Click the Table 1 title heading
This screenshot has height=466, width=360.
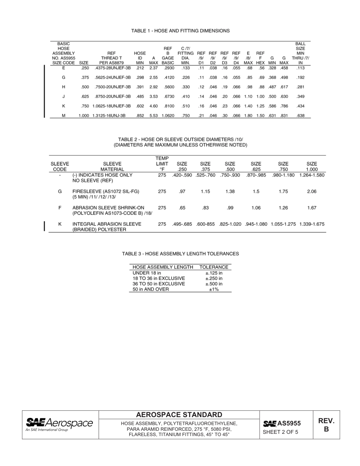180,30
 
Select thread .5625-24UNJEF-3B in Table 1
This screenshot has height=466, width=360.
113,77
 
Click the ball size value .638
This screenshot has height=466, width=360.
301,116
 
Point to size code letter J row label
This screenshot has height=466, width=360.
63,97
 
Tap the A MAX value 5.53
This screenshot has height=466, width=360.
153,116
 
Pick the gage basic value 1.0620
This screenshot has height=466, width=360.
167,116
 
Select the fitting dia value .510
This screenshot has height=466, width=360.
185,106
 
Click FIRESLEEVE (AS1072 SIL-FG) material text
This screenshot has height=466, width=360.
106,192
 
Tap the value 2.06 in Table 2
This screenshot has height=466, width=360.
311,192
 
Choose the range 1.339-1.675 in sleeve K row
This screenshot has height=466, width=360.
311,224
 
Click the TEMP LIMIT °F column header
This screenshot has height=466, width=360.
162,164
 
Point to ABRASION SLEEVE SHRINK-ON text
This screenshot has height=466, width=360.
108,208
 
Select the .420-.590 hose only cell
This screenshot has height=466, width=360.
182,175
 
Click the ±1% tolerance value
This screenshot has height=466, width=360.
214,289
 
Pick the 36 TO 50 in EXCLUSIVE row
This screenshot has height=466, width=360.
159,284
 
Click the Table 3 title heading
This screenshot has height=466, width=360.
180,253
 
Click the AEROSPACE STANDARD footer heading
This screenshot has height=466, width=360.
179,415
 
